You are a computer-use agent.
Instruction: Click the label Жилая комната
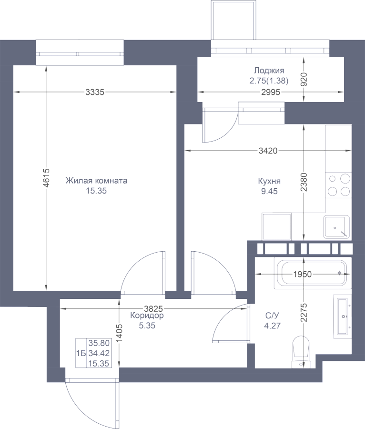(x=96, y=181)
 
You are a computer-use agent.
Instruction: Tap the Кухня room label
(x=269, y=181)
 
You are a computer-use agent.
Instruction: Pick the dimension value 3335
(x=95, y=92)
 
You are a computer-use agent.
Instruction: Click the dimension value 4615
(x=46, y=179)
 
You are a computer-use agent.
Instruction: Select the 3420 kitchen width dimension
(x=268, y=151)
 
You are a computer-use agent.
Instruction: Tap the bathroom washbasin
(x=342, y=316)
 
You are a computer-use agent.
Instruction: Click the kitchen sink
(x=336, y=226)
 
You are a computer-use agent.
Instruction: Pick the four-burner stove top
(x=339, y=185)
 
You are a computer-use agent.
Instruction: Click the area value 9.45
(x=269, y=192)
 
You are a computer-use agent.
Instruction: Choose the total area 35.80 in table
(x=96, y=342)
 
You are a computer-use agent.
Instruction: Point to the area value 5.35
(x=147, y=327)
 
